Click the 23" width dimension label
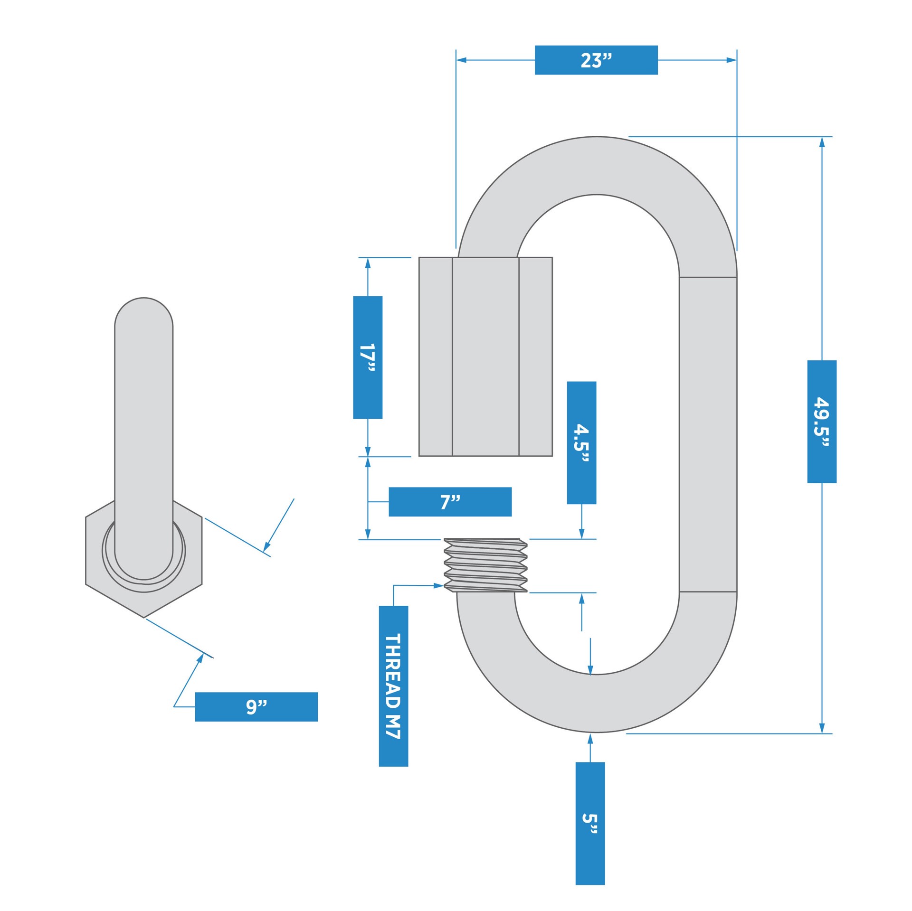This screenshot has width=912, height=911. pos(596,60)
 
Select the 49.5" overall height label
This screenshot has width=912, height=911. pos(821,422)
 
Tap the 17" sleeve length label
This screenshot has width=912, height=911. pos(367,357)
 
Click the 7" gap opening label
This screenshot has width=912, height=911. pos(450,502)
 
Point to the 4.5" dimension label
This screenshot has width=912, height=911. pos(581,442)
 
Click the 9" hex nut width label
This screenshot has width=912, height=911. pos(256,707)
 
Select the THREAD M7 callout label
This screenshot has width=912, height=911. pos(393,686)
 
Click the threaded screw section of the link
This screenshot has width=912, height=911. pos(485,565)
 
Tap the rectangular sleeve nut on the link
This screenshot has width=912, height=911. pos(485,357)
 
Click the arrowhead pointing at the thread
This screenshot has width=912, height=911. pos(439,586)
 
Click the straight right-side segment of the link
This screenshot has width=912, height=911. pos(708,434)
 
